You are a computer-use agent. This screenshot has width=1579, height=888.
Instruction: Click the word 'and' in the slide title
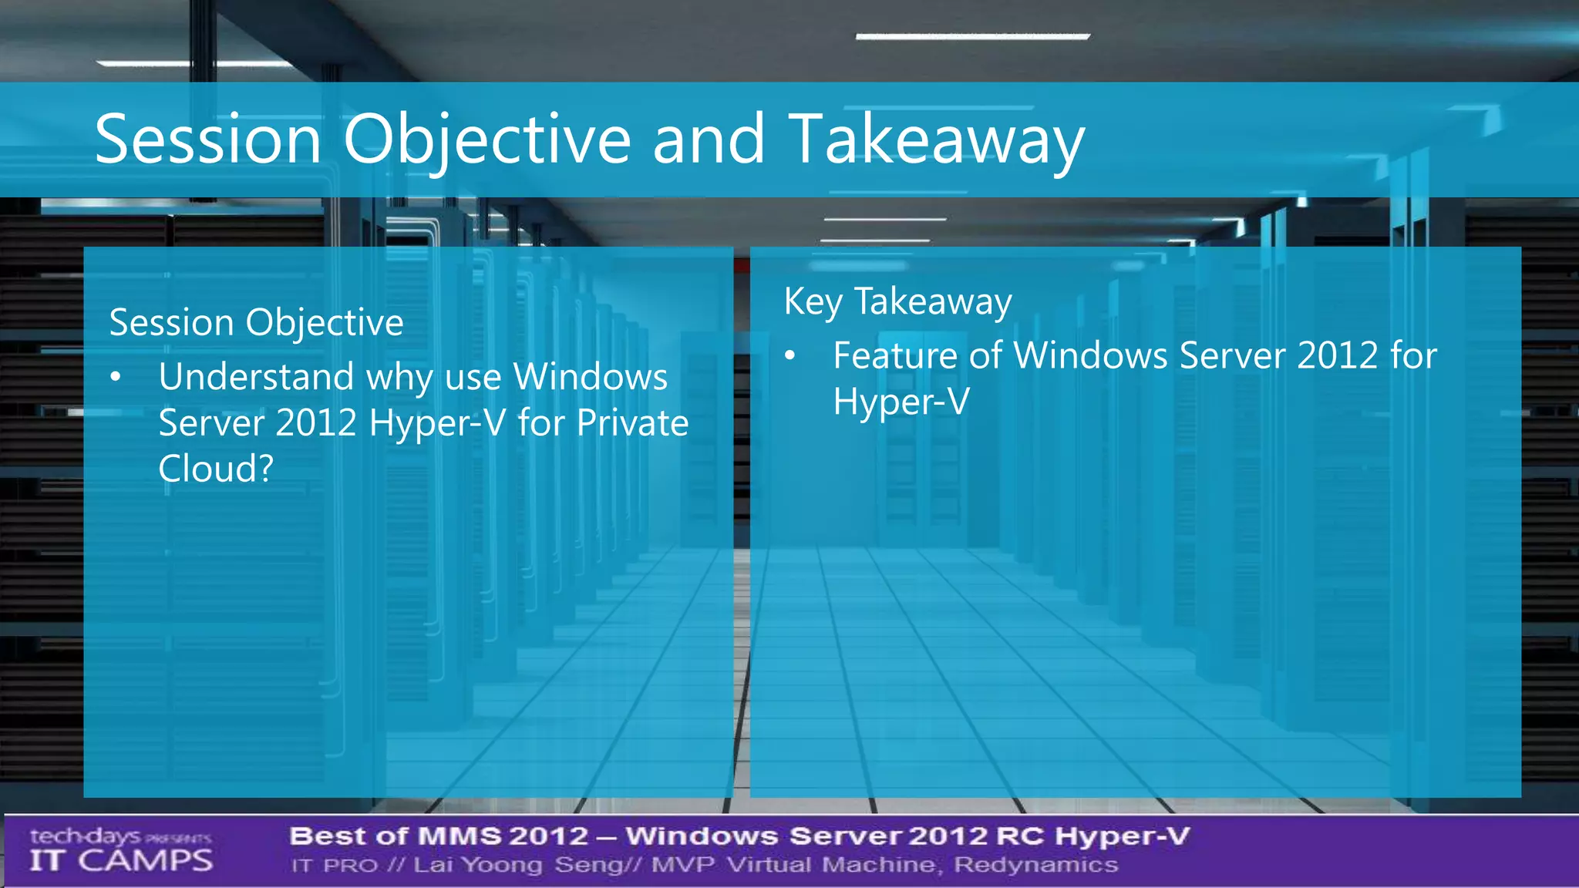coord(709,140)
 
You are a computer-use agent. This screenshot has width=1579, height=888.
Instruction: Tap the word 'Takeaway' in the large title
coord(936,140)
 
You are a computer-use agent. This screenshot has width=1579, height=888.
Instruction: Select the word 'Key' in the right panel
coord(813,301)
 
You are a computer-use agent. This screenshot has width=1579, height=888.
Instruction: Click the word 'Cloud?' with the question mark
coord(216,469)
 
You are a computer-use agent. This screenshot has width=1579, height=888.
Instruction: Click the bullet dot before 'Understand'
coord(116,378)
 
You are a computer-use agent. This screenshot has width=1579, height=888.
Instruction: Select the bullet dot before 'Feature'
coord(789,356)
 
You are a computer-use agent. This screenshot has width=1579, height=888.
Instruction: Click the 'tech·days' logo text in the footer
coord(86,836)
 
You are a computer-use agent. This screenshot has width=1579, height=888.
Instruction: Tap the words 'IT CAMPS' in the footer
coord(121,860)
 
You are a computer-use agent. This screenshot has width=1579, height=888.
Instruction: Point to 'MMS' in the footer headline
coord(460,836)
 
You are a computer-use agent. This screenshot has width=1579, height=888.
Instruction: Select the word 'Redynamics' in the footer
coord(1035,865)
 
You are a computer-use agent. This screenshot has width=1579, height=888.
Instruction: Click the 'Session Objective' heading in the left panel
coord(256,322)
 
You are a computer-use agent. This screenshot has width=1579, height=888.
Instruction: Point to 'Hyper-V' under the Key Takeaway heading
coord(901,402)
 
